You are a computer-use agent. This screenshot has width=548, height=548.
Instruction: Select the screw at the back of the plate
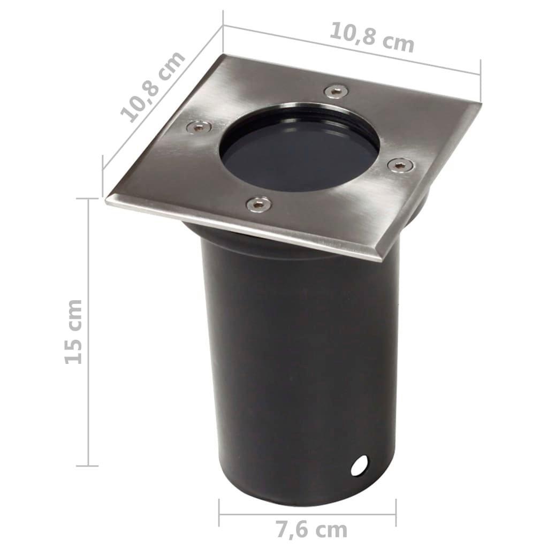click(336, 90)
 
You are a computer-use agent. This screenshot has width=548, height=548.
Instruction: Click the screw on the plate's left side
click(197, 127)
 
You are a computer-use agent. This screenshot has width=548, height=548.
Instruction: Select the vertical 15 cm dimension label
click(74, 332)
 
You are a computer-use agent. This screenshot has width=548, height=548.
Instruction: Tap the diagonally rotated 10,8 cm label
click(153, 87)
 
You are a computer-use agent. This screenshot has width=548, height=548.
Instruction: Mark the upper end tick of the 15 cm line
click(88, 199)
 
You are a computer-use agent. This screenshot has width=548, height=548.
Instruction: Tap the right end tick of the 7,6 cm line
click(396, 513)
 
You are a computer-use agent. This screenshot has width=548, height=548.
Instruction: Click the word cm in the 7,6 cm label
click(331, 530)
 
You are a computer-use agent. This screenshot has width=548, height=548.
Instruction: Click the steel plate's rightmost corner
click(481, 103)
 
